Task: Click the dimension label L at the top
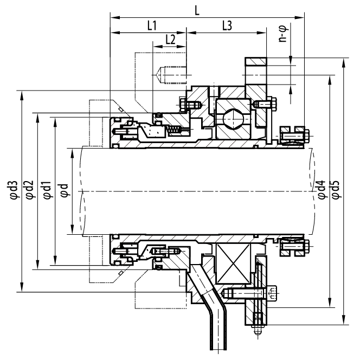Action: coord(197,11)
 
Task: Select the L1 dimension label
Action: coord(152,25)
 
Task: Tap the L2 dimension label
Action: coord(171,40)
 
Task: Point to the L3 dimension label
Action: coord(227,25)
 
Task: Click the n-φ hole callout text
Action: coord(283,33)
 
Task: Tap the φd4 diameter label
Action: coord(321,190)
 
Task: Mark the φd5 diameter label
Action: coord(336,190)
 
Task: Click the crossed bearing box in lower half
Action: coord(233,263)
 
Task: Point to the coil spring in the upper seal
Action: coord(174,130)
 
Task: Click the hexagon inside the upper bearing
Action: coord(233,119)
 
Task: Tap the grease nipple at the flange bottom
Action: coord(258,330)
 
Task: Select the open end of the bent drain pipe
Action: coord(218,349)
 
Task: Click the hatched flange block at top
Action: coord(256,61)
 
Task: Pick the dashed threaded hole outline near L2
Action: coord(172,75)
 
